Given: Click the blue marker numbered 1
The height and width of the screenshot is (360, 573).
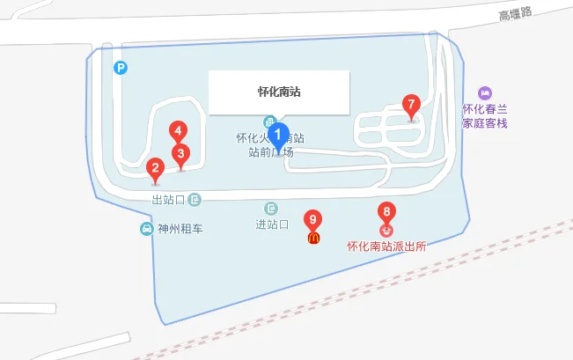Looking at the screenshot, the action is pyautogui.click(x=278, y=136).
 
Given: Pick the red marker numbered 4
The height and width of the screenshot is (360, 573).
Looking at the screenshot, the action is pyautogui.click(x=178, y=132).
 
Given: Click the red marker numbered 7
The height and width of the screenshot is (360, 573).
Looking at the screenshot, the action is pyautogui.click(x=410, y=104).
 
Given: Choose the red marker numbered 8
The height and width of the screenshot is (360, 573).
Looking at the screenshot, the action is pyautogui.click(x=386, y=212).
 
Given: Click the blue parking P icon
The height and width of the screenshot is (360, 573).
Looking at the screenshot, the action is pyautogui.click(x=120, y=67).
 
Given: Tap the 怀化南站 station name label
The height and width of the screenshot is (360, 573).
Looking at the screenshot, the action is pyautogui.click(x=279, y=92).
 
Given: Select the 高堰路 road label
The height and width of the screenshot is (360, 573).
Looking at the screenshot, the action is pyautogui.click(x=516, y=14).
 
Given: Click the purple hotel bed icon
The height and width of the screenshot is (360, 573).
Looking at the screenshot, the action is pyautogui.click(x=484, y=92).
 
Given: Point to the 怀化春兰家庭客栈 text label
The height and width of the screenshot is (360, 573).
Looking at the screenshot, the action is pyautogui.click(x=486, y=116).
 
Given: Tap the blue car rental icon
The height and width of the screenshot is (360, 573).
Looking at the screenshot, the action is pyautogui.click(x=146, y=229).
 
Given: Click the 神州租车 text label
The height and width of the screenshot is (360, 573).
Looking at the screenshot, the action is pyautogui.click(x=180, y=229).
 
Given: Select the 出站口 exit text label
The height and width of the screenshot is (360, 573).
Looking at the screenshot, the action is pyautogui.click(x=168, y=200).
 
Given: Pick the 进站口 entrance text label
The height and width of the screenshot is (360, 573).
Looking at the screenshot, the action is pyautogui.click(x=272, y=224).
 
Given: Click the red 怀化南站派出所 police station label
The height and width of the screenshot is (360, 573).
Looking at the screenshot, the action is pyautogui.click(x=386, y=246).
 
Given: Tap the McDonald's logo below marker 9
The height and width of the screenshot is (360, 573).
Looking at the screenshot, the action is pyautogui.click(x=312, y=237).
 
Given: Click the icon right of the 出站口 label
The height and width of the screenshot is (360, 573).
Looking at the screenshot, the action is pyautogui.click(x=195, y=200).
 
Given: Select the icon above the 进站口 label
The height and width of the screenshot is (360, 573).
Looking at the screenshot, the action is pyautogui.click(x=271, y=208).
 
